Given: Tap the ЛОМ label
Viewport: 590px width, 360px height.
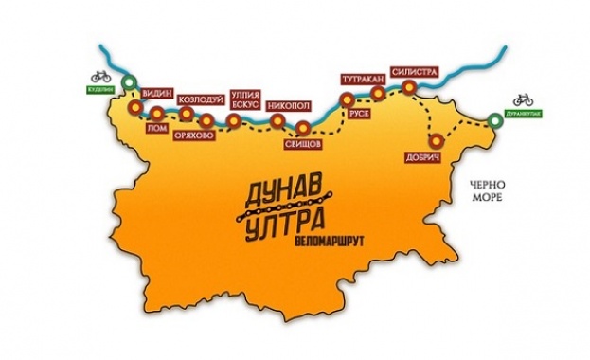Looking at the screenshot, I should click(158, 127).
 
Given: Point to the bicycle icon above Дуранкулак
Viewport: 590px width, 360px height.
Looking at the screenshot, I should click(524, 99).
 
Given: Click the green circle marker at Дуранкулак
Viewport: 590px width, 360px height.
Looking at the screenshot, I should click(496, 120).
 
